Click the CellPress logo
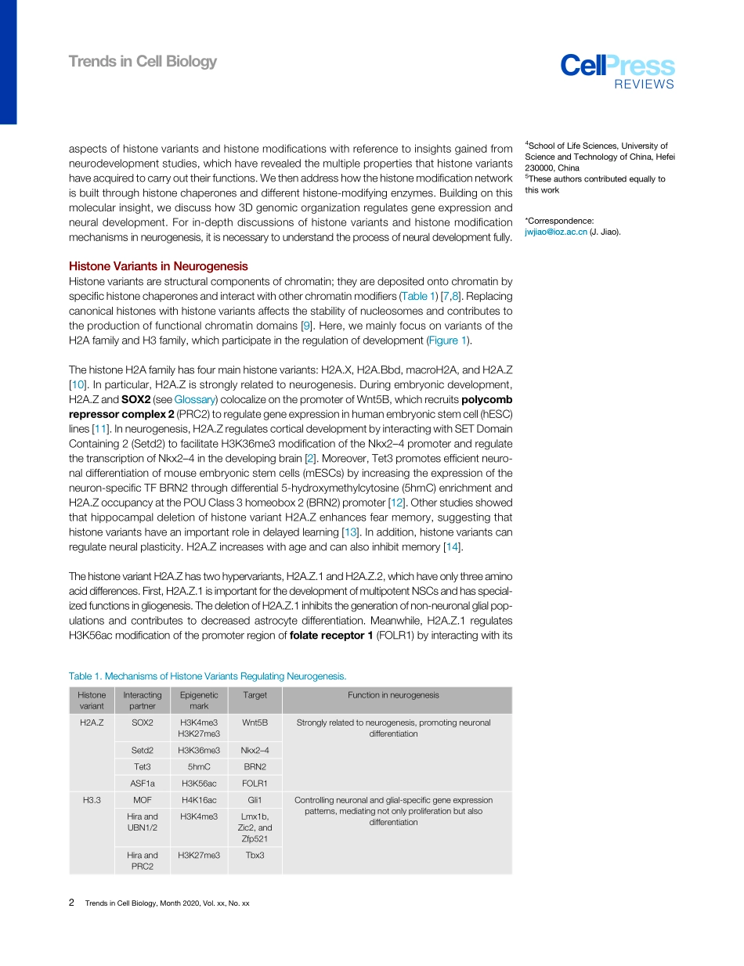click(x=617, y=70)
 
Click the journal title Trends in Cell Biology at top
click(x=143, y=61)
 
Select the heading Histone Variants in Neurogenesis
click(x=158, y=266)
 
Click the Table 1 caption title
click(x=208, y=676)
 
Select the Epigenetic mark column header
click(x=199, y=700)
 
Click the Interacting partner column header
click(x=143, y=700)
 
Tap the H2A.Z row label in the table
click(x=92, y=723)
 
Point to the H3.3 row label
click(x=92, y=800)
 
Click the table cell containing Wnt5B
click(x=255, y=723)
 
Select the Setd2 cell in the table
click(x=143, y=750)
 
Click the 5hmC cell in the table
click(x=199, y=766)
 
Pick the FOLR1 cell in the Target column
click(x=255, y=783)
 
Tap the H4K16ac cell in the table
click(x=199, y=800)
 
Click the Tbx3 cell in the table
click(x=255, y=855)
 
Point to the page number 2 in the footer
click(x=72, y=903)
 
